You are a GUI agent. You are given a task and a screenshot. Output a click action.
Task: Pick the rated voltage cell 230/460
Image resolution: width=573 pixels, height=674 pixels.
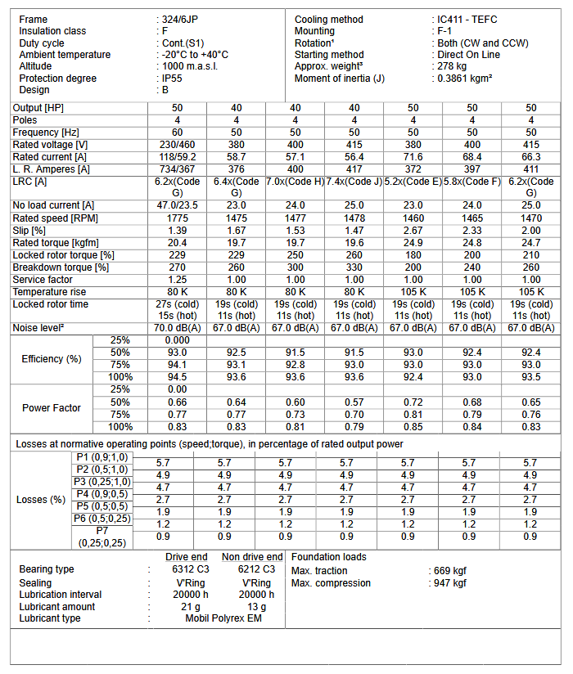pos(178,144)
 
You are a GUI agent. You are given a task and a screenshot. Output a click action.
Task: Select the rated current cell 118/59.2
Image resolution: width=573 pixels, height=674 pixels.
pos(178,156)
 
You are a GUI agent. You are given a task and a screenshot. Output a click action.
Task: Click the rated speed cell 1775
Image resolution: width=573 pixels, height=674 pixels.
pos(178,218)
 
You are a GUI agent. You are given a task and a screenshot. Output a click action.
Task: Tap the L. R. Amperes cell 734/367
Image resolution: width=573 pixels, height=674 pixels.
pos(178,168)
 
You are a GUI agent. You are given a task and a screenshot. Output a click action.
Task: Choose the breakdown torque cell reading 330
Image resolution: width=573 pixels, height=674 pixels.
pos(354,267)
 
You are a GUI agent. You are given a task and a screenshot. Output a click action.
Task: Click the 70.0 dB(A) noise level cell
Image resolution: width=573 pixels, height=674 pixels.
pos(178,328)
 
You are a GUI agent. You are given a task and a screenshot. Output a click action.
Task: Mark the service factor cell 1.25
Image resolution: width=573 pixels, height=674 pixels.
pos(178,280)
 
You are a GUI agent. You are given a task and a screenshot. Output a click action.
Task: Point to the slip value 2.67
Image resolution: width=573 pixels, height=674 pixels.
pos(413,231)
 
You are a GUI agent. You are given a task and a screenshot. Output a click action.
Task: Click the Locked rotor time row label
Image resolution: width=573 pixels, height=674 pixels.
pos(51,304)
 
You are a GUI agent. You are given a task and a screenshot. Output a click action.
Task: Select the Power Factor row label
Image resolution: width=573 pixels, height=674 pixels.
pos(51,408)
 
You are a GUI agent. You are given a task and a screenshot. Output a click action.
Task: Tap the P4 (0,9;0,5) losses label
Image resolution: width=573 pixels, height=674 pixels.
pos(102,494)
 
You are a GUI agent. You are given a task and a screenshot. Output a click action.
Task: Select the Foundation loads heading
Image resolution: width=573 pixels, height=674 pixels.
pos(328,557)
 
